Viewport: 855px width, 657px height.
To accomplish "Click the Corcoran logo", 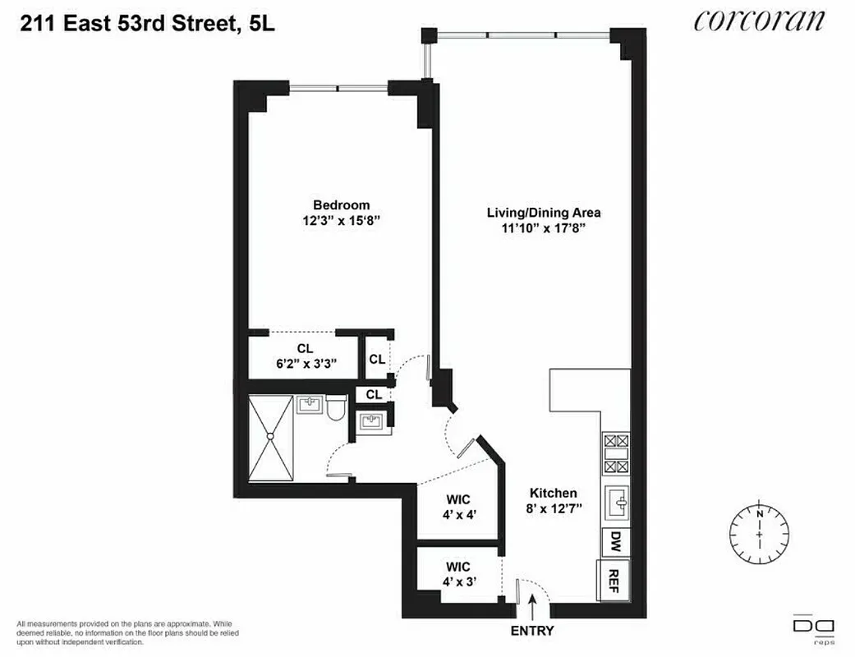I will click(758, 19).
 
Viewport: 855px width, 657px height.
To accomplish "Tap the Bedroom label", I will click(341, 205).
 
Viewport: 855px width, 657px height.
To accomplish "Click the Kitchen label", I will click(553, 493).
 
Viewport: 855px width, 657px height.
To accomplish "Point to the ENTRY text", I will click(532, 632).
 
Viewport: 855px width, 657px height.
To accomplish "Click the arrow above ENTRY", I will click(532, 609).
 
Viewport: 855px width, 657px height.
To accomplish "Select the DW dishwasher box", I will click(614, 540).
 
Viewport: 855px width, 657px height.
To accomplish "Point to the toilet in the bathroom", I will click(335, 408).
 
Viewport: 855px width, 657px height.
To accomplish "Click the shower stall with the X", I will click(272, 439).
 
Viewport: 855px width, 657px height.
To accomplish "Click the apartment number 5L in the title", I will click(260, 25).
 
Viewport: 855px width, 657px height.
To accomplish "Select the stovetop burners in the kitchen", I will click(615, 454).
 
